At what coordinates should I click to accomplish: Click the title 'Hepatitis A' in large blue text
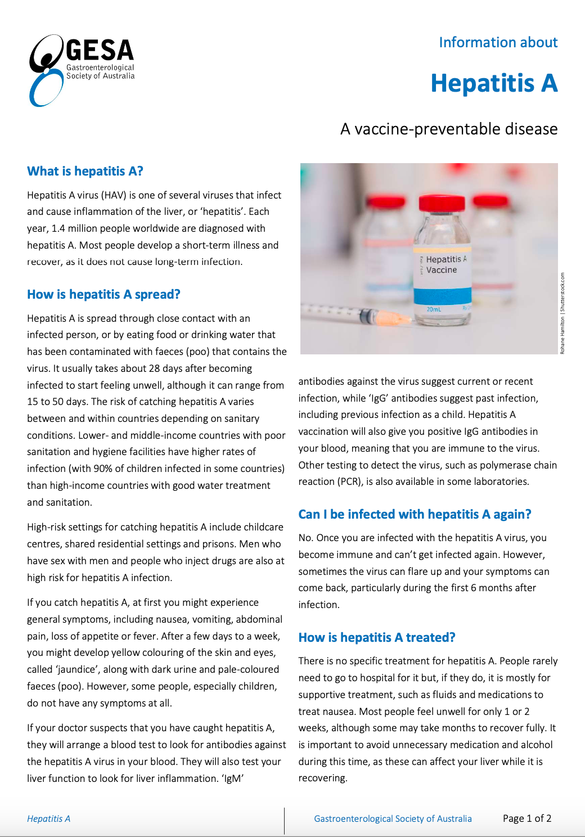493,83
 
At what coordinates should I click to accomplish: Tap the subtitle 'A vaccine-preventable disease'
448,129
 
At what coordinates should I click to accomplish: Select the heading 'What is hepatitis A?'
85,171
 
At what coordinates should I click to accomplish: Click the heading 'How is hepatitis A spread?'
103,294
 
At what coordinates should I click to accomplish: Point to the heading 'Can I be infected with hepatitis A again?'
415,514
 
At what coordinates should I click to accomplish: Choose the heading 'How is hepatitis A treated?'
376,637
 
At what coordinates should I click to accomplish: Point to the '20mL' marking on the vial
434,309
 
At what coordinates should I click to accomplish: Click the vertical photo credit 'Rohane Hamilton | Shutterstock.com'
562,313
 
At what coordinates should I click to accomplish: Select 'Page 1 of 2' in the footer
526,818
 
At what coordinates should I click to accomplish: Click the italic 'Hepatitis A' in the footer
48,818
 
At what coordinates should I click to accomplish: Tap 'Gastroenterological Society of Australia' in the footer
393,818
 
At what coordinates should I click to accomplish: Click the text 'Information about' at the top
498,43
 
